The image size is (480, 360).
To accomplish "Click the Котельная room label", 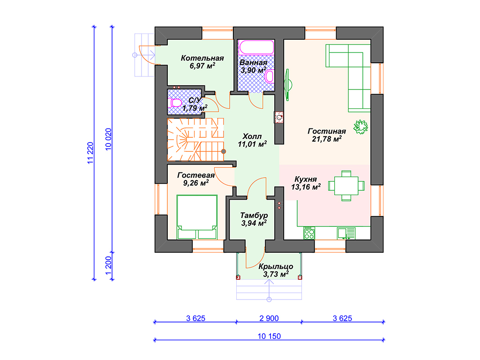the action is [x=202, y=58].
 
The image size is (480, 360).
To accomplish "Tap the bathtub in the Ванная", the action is [x=256, y=47].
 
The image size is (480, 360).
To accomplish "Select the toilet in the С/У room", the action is [x=175, y=103].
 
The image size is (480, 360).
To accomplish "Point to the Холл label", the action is [x=252, y=136].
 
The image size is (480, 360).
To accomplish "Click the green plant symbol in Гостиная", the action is [x=360, y=127].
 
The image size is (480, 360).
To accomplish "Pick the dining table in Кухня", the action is [x=346, y=186].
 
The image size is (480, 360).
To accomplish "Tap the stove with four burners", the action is [x=309, y=233].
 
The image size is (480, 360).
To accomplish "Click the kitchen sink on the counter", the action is [x=346, y=233].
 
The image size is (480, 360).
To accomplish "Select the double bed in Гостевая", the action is [x=197, y=217].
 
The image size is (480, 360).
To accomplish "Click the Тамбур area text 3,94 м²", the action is [x=254, y=223].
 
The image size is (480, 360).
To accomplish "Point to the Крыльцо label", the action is [x=276, y=266].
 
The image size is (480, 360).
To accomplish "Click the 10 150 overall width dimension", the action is [x=269, y=337].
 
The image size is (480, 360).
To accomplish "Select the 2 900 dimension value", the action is [x=269, y=318].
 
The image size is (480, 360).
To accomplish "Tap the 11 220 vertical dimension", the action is [x=90, y=153].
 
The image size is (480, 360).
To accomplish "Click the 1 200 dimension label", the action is [x=108, y=265].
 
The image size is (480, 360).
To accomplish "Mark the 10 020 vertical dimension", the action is [x=108, y=139].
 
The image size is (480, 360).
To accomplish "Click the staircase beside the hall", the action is [x=195, y=140].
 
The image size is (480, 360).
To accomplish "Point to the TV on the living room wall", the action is [x=288, y=85].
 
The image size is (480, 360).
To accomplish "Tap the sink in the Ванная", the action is [x=270, y=76].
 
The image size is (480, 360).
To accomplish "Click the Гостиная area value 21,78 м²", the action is [x=327, y=139].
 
